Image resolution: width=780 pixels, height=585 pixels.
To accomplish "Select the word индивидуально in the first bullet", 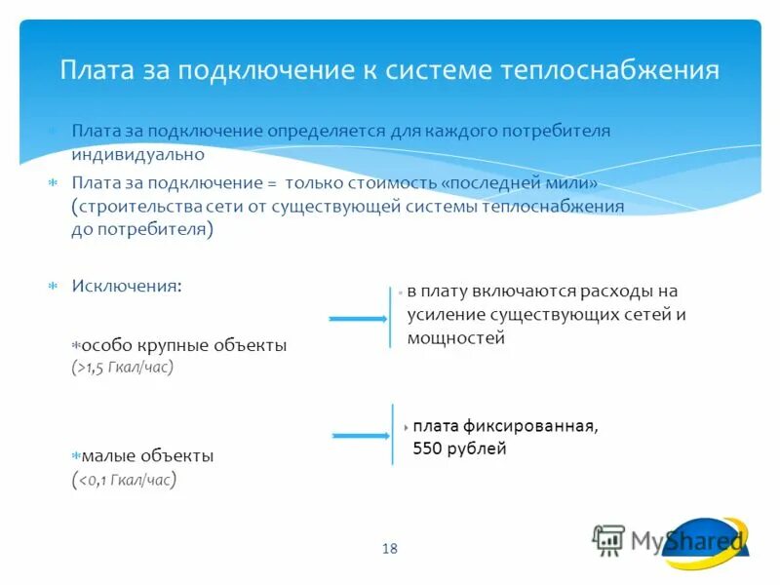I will click(137, 154).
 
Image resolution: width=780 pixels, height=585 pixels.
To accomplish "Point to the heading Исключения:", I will click(126, 286).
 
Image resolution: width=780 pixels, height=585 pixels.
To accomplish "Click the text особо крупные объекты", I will click(184, 345).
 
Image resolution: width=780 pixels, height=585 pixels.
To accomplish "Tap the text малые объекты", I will click(147, 455).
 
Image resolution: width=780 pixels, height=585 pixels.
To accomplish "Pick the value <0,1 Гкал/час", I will click(125, 479).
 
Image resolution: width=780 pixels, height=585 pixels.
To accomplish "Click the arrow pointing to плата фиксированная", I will click(361, 435).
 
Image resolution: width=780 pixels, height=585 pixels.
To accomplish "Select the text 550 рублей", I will click(459, 449).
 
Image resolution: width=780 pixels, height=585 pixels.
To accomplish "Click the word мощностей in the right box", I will click(456, 338).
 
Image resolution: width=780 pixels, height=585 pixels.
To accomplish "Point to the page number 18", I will click(390, 549).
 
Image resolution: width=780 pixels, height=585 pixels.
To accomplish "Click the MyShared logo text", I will click(686, 539).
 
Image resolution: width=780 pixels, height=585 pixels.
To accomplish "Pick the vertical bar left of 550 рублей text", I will click(393, 435).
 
